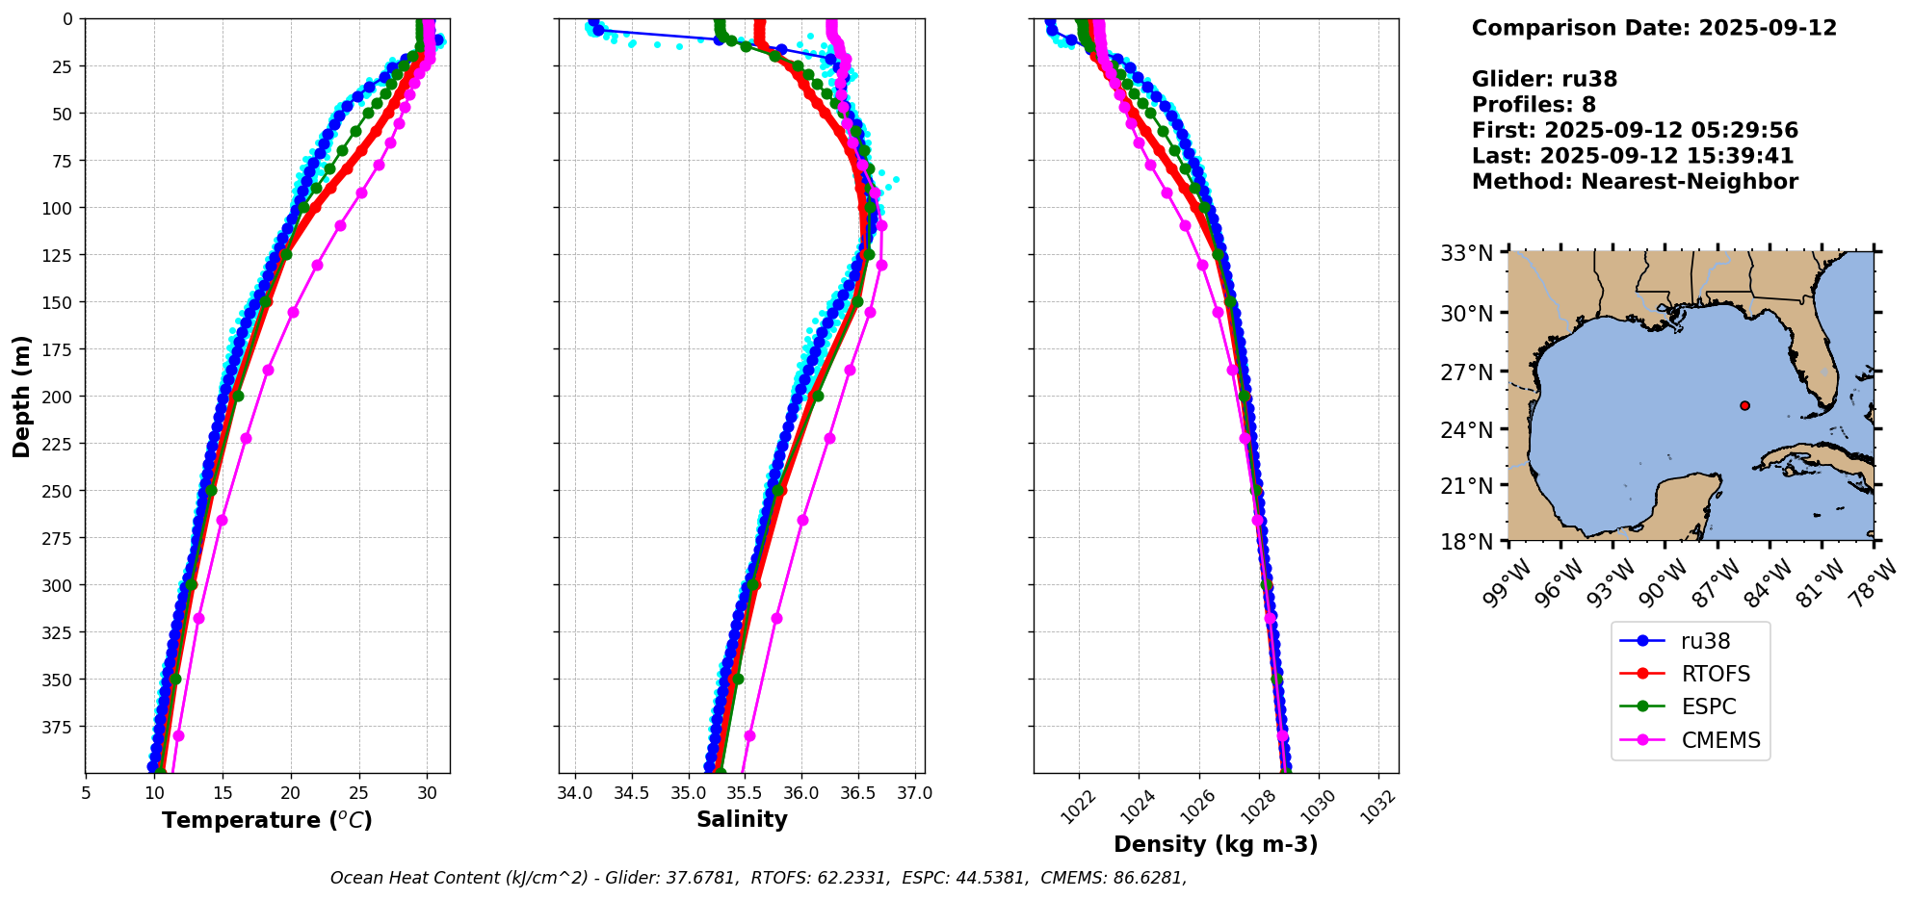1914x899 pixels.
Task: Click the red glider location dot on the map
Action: pyautogui.click(x=1744, y=405)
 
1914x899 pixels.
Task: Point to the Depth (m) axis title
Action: pyautogui.click(x=22, y=396)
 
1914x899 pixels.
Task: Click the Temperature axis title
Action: pyautogui.click(x=267, y=820)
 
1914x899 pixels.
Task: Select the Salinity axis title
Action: pyautogui.click(x=742, y=819)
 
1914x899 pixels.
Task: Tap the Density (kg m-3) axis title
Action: pyautogui.click(x=1216, y=844)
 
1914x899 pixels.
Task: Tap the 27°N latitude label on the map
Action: pyautogui.click(x=1466, y=372)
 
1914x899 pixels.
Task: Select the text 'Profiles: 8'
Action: pyautogui.click(x=1534, y=105)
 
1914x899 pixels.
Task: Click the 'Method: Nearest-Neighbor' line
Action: pyautogui.click(x=1635, y=182)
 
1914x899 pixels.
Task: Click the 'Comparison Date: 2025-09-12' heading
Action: pyautogui.click(x=1654, y=28)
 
